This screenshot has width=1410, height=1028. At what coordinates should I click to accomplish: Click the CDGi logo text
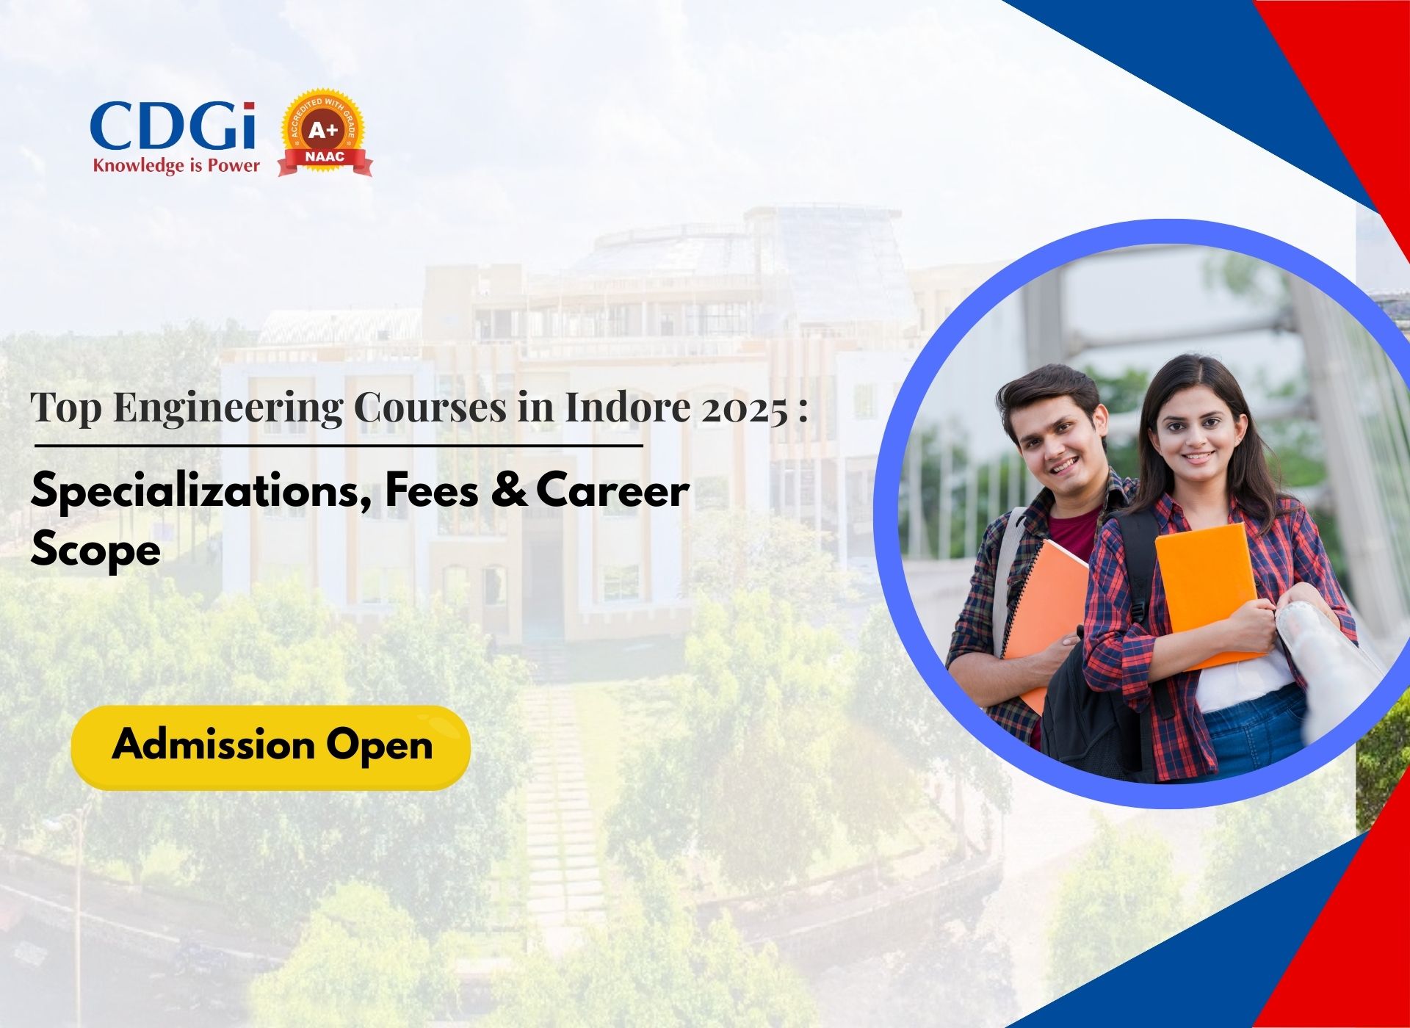tap(173, 126)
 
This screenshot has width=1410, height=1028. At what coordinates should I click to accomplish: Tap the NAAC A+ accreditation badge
tap(325, 134)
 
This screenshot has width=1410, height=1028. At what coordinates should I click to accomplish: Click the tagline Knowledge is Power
tap(176, 165)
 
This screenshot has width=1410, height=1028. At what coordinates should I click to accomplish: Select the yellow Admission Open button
tap(270, 748)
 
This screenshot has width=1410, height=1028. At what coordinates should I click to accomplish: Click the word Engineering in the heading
tap(228, 408)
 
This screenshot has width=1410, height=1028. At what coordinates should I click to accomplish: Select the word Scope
tap(95, 551)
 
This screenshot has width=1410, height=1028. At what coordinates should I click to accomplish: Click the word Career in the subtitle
tap(612, 491)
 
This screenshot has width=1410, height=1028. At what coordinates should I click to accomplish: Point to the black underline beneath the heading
tap(339, 445)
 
